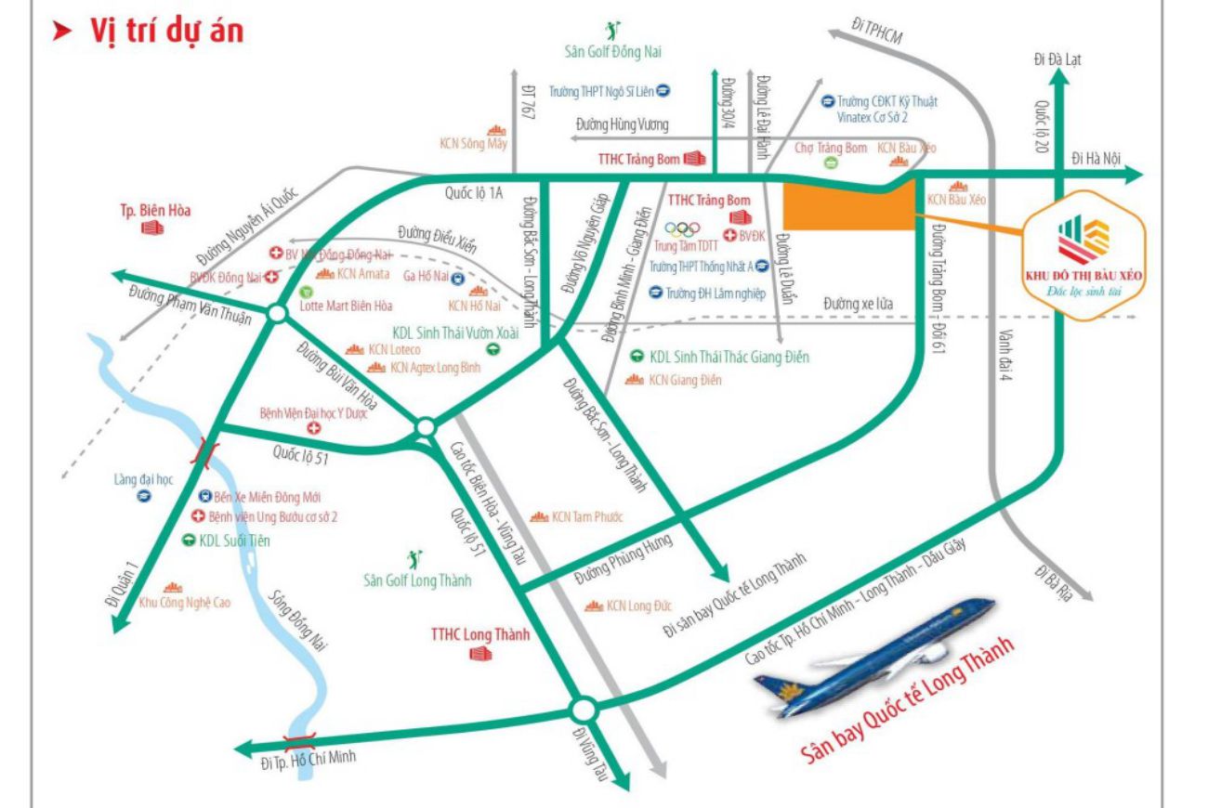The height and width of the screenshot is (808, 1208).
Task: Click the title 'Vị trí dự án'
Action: click(165, 30)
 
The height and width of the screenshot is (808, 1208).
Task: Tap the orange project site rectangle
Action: click(847, 206)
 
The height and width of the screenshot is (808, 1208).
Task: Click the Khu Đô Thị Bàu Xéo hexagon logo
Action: click(1083, 252)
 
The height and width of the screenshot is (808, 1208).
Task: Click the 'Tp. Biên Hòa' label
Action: click(155, 210)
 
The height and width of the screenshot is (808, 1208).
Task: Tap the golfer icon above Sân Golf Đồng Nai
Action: click(612, 31)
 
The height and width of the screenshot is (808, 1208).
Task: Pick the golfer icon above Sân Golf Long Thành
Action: click(415, 559)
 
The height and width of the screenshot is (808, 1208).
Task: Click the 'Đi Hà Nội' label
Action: click(1096, 158)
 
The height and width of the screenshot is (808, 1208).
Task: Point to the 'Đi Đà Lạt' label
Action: click(1057, 60)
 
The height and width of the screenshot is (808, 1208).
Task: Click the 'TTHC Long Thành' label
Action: click(479, 635)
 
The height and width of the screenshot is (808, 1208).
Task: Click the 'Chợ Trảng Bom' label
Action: click(831, 148)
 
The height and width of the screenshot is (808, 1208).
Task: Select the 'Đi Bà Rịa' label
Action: click(1053, 584)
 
